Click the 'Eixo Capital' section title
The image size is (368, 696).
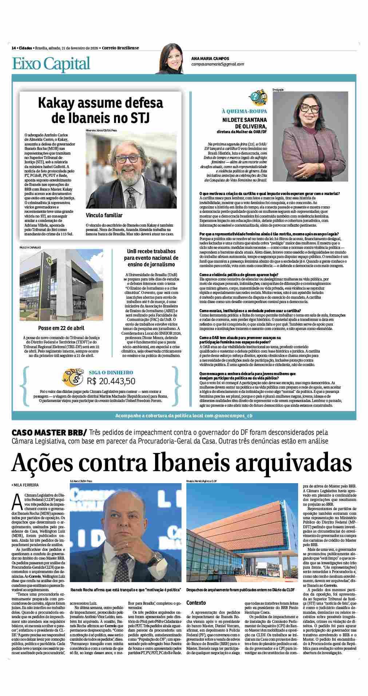51,64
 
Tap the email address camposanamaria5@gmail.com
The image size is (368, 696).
218,64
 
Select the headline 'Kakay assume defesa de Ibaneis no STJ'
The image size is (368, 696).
100,110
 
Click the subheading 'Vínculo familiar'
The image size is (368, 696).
104,215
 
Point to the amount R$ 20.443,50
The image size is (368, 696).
111,381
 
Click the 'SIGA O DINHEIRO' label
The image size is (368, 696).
111,372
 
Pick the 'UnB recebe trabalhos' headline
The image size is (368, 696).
151,251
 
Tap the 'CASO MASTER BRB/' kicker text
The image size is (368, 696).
49,433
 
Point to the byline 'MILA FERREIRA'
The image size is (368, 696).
26,485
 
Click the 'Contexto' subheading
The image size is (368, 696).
196,603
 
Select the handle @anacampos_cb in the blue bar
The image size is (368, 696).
233,415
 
